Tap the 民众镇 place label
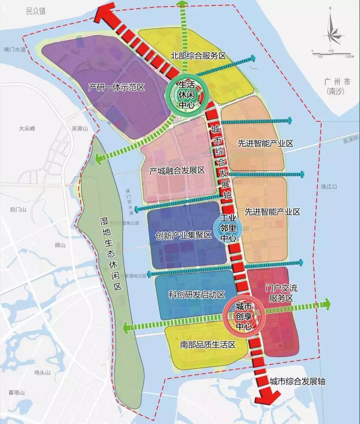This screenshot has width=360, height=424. click(x=36, y=12)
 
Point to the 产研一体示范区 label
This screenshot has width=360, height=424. click(x=116, y=87)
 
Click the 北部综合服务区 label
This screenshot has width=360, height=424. click(x=198, y=56)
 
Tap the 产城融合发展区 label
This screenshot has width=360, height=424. click(x=177, y=170)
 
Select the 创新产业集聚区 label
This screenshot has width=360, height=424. click(x=183, y=235)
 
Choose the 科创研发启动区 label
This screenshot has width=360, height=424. click(x=197, y=295)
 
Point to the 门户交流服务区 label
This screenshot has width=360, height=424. click(x=279, y=293)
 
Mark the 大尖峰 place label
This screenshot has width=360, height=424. click(x=28, y=128)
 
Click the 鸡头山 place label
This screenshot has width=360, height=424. click(x=42, y=372)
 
